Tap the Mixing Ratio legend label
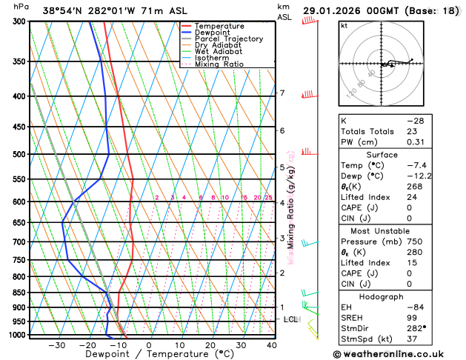[x=219, y=64]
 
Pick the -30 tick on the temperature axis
[x=56, y=345]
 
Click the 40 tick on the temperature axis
[x=271, y=345]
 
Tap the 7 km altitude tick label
[x=282, y=93]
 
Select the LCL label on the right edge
[x=291, y=319]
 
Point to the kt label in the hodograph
[x=344, y=25]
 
